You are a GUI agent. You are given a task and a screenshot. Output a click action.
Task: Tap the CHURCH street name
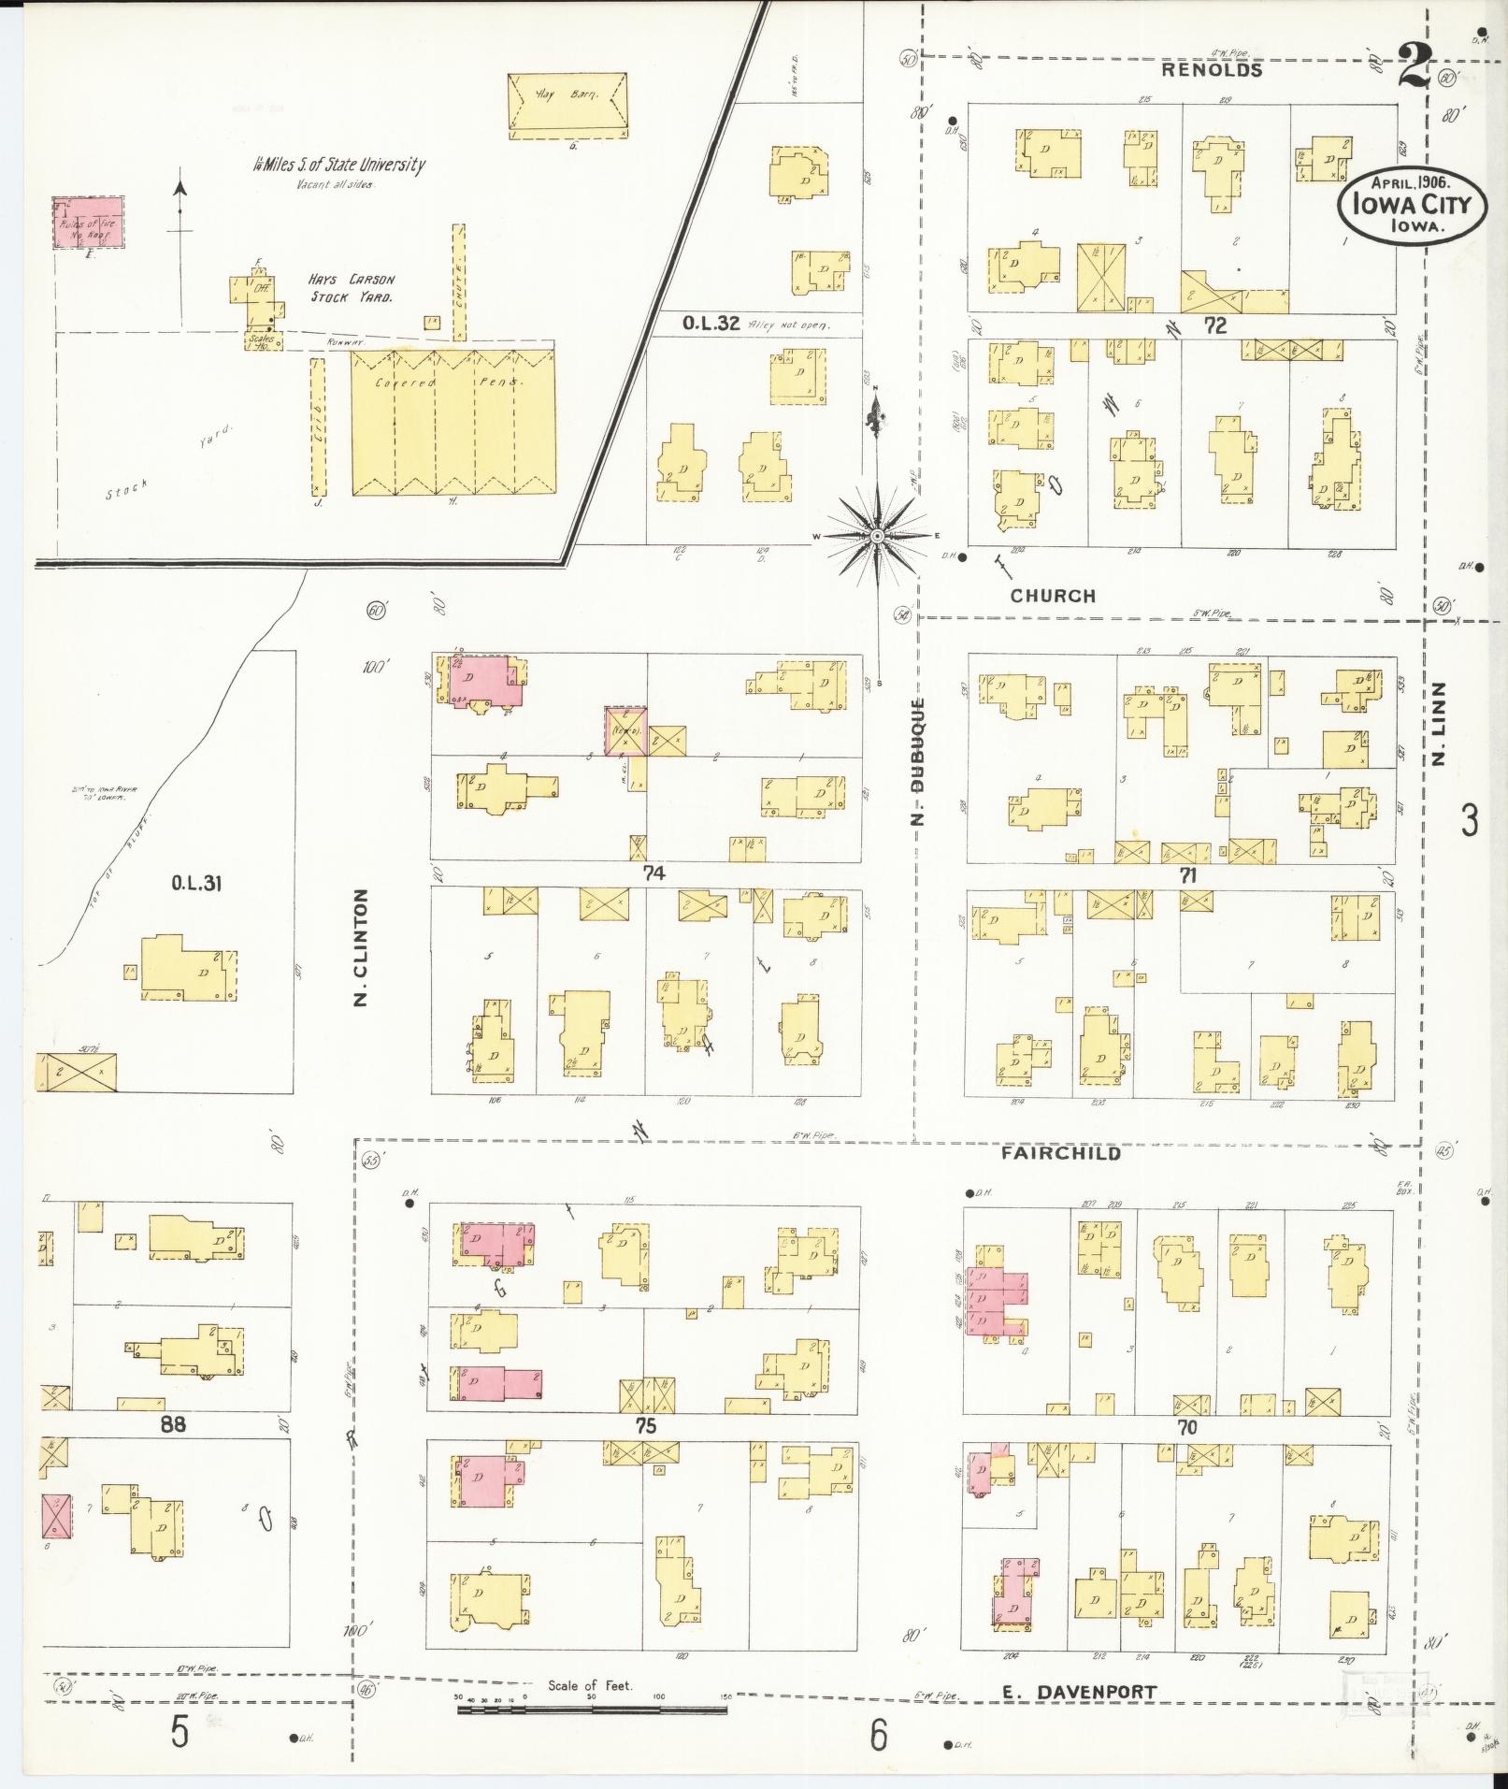tap(1052, 596)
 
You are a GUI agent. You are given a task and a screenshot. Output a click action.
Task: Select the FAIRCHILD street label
tap(1060, 1154)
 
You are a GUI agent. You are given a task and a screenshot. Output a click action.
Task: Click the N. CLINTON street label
tap(361, 947)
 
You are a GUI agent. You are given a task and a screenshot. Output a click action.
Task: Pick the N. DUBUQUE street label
tap(918, 762)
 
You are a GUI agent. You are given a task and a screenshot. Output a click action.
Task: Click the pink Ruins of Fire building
tap(88, 223)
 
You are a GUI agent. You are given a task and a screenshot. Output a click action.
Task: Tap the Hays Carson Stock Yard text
tap(352, 288)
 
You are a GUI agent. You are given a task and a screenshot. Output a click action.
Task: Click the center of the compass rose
tap(877, 536)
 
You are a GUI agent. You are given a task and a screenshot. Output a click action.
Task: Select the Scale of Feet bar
tap(591, 1710)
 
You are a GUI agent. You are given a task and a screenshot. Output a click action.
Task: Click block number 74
tap(653, 873)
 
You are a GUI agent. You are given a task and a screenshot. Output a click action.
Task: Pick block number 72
tap(1214, 325)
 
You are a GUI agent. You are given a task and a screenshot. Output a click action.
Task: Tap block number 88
tap(174, 1425)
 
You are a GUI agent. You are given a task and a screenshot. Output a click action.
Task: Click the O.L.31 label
tap(195, 882)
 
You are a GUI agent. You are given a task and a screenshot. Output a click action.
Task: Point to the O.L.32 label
tap(711, 324)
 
